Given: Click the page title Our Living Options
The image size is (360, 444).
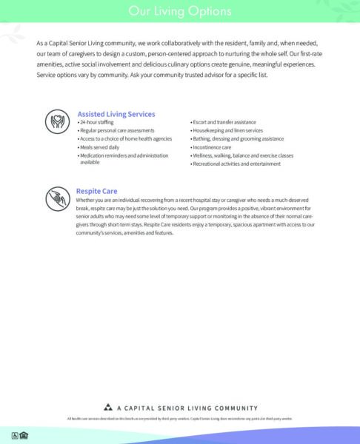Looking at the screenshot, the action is pos(179,11).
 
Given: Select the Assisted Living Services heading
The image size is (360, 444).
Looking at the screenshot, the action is pos(116,114).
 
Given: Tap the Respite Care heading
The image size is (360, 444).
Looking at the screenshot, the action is pos(96,191).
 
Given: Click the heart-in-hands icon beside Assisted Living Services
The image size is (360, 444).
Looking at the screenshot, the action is pos(58,121).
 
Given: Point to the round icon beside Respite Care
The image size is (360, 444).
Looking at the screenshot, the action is pos(58,198).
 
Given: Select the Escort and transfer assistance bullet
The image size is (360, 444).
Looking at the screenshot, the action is pos(224,121).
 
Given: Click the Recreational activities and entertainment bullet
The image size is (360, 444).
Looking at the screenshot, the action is pos(236,164).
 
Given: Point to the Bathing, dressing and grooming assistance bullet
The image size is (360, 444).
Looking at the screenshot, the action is pos(237,138).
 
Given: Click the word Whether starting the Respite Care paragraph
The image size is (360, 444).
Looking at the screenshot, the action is pos(87,200).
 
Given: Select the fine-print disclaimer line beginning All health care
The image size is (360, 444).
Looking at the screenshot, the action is pos(179,419).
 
